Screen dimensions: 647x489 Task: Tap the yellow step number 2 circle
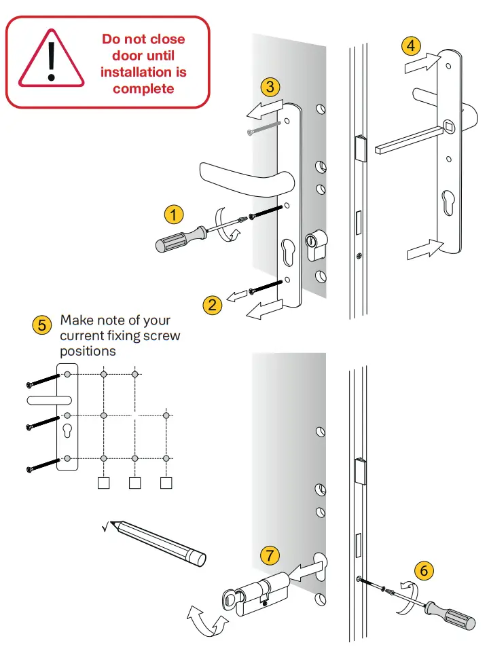(x=213, y=304)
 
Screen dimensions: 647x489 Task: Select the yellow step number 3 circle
(x=270, y=87)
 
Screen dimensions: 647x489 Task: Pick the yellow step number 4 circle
(x=410, y=46)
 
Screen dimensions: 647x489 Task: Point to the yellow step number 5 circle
(x=42, y=325)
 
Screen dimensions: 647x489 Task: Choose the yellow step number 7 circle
(x=270, y=555)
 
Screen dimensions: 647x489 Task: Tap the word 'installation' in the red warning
(x=143, y=72)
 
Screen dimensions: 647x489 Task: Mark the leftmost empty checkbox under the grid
(x=103, y=483)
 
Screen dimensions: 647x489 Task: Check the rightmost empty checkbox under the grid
(x=166, y=483)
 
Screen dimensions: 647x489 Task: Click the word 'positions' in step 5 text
(x=88, y=352)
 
